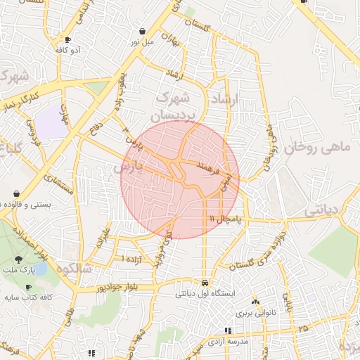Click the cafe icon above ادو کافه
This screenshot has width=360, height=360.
tap(67, 40)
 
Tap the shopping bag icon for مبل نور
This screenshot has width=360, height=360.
tap(143, 32)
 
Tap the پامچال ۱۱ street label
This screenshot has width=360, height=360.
tap(229, 219)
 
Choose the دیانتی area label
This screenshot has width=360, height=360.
tap(325, 210)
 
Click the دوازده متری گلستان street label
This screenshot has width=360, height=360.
tap(258, 251)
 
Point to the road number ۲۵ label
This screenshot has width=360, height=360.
tap(303, 328)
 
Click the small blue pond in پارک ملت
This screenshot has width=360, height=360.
tap(41, 269)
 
